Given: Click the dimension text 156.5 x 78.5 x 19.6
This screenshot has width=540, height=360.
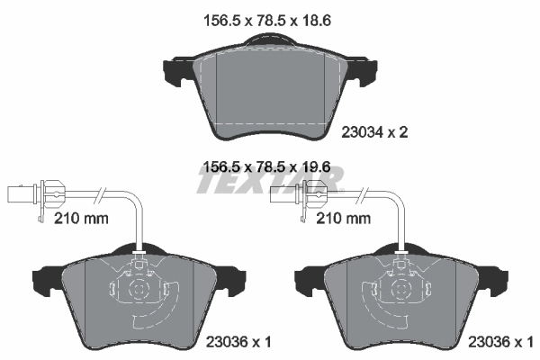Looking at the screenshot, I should coord(269,166).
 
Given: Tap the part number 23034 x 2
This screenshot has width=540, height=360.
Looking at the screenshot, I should coord(375,131).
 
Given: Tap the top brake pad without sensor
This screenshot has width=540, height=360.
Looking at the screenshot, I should coord(269,90).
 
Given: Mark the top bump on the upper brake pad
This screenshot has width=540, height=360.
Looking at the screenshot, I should coord(269,40).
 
